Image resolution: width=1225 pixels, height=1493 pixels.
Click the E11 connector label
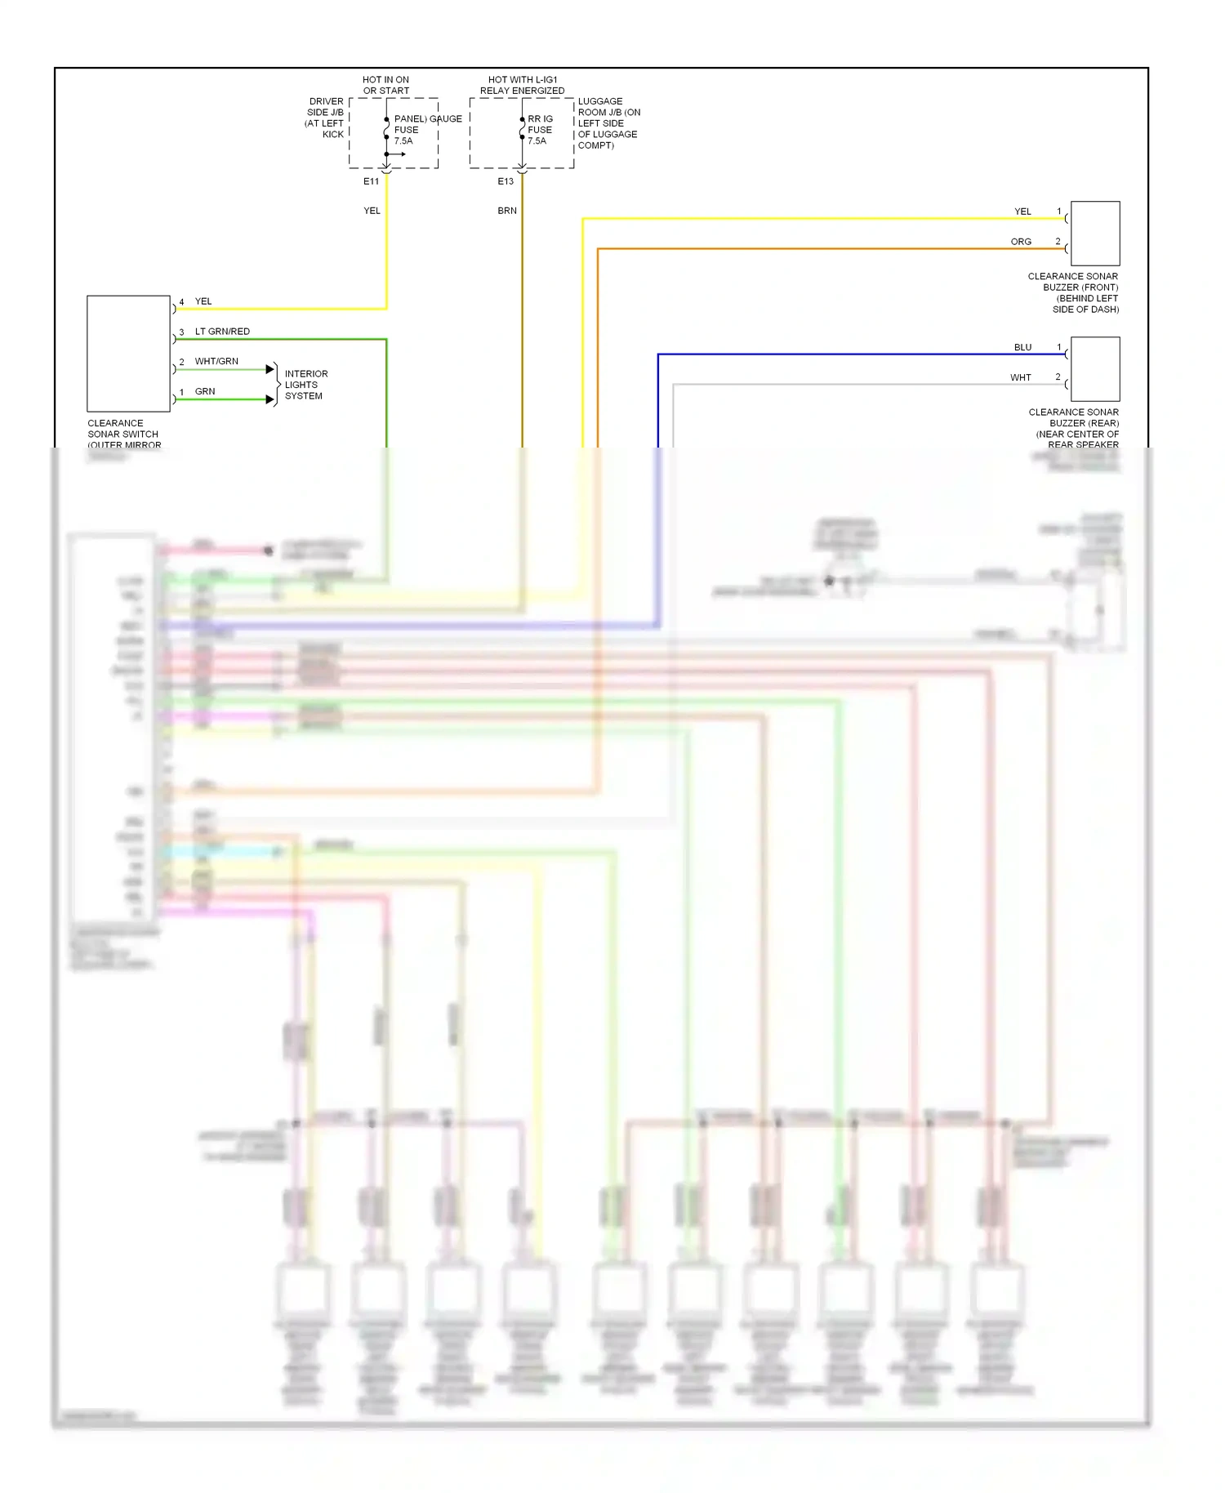[x=371, y=181]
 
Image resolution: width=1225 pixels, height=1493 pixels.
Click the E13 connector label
[x=506, y=181]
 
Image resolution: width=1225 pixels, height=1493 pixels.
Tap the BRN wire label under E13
[x=507, y=211]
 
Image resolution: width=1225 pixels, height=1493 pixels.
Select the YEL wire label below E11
[x=372, y=211]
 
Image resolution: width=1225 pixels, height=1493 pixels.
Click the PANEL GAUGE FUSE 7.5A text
[x=416, y=130]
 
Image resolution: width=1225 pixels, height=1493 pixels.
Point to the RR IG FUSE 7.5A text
[x=540, y=130]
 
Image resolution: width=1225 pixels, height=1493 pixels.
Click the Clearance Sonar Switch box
[x=128, y=354]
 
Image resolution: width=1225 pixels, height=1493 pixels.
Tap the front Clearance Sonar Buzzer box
[x=1094, y=234]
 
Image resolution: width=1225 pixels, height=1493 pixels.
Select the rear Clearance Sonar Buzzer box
[x=1094, y=369]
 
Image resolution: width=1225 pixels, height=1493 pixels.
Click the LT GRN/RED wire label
[x=222, y=332]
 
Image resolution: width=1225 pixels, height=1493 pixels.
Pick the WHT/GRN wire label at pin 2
[x=216, y=361]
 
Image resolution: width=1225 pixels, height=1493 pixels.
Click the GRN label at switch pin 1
[x=205, y=391]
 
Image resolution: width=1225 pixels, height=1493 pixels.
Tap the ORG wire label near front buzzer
[x=1021, y=242]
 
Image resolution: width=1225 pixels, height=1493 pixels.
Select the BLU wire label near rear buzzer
[x=1022, y=347]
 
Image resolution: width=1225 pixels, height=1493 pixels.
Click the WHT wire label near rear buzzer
[x=1021, y=377]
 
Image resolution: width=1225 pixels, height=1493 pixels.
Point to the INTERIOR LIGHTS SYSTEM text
[x=305, y=385]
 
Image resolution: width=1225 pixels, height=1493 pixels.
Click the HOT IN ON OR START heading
[x=386, y=85]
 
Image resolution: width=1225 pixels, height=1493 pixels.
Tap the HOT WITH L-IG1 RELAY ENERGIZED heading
[x=522, y=85]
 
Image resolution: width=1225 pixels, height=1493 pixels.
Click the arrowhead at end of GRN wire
[x=270, y=399]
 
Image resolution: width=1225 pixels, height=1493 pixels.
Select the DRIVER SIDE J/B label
[x=325, y=118]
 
